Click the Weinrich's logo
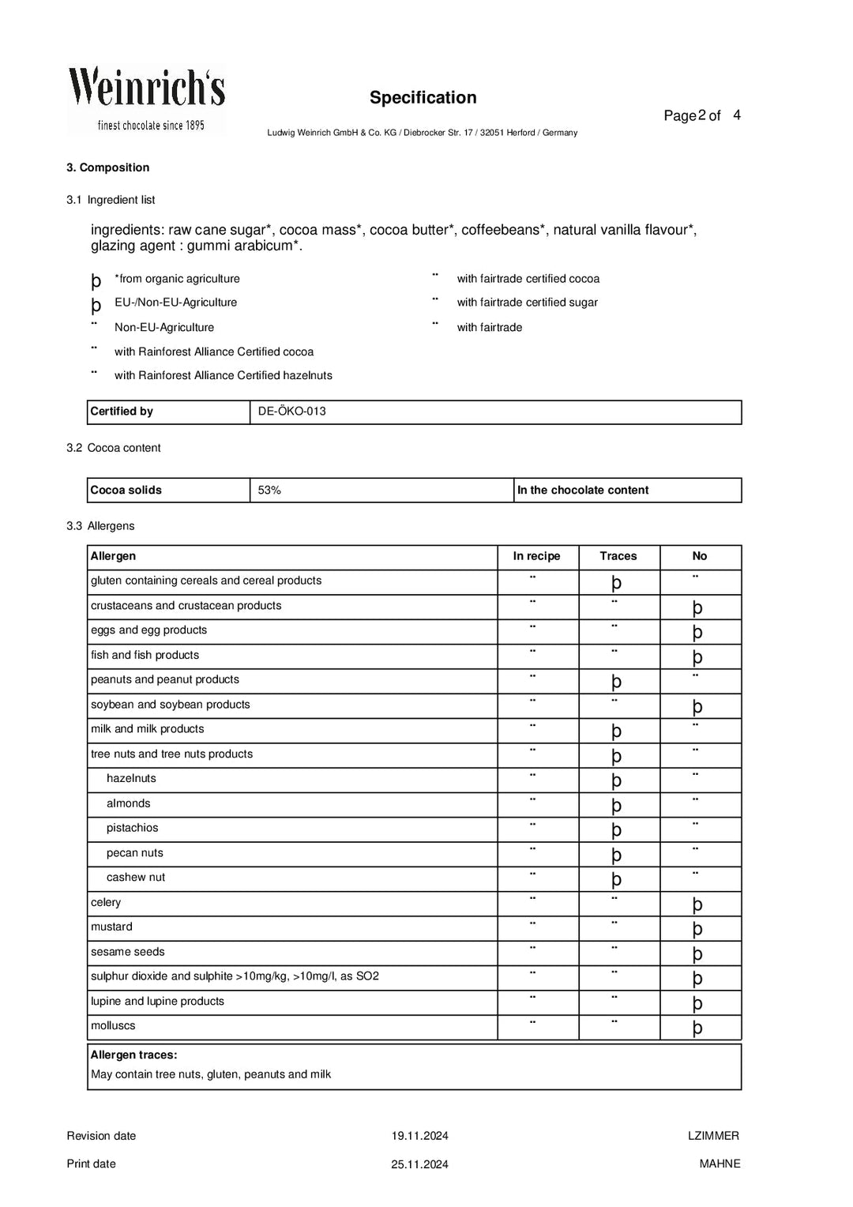click(x=146, y=99)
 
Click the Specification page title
click(x=423, y=98)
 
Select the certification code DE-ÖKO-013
click(x=291, y=412)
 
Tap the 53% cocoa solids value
click(x=269, y=491)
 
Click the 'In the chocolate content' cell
click(x=583, y=491)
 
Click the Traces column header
click(x=618, y=556)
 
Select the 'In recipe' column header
click(x=536, y=556)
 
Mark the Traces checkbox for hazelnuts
click(x=617, y=780)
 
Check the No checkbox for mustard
click(x=697, y=929)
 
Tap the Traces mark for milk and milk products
click(x=617, y=731)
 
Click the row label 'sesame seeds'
click(x=128, y=952)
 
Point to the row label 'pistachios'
click(x=132, y=828)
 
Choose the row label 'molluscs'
click(x=113, y=1026)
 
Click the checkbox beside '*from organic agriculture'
click(x=96, y=280)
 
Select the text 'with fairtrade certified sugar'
click(x=527, y=303)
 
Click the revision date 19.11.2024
click(x=419, y=1136)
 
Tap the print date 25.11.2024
click(x=419, y=1164)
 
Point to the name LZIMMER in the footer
click(x=713, y=1136)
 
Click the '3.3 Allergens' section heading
click(x=100, y=526)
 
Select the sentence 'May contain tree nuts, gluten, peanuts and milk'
click(x=211, y=1074)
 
